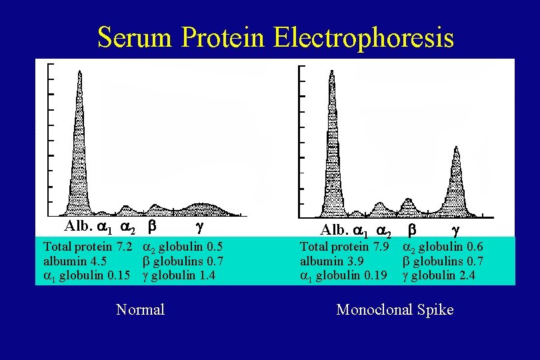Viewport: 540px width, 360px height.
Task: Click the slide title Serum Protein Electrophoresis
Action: point(275,37)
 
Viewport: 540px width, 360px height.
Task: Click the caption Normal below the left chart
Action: point(140,309)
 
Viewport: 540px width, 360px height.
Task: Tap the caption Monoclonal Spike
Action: point(395,309)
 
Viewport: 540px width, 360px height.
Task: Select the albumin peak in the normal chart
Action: point(80,133)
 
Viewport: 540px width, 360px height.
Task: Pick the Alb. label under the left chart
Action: point(79,226)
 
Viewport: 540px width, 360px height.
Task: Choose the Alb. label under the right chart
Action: point(335,231)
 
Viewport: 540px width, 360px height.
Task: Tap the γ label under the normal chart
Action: point(199,226)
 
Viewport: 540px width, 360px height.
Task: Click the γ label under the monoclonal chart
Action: point(455,231)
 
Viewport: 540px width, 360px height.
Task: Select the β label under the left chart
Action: point(152,226)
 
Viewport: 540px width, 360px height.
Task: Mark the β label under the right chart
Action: point(412,231)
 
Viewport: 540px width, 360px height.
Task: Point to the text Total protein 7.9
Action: point(344,247)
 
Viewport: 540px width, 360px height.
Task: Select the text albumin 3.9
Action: point(325,261)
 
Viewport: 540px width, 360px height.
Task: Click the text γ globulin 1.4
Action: point(179,275)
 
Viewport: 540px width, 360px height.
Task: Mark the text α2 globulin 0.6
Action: point(443,247)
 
